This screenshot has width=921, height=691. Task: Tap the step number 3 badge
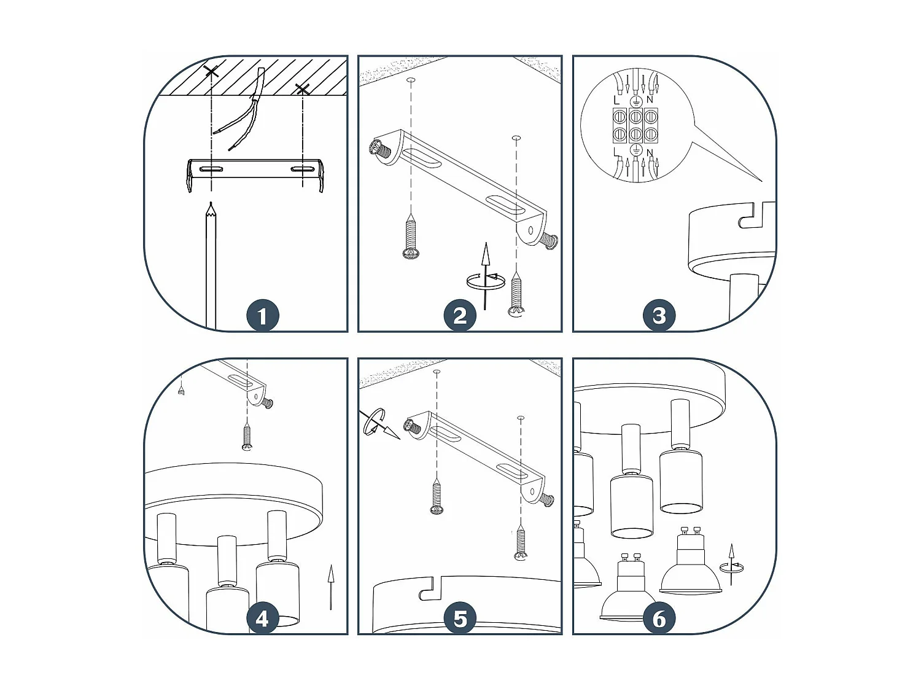[x=659, y=316]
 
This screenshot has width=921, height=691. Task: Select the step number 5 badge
[x=460, y=619]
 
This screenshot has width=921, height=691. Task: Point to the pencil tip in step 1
[x=211, y=209]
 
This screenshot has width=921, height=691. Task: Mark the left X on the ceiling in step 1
[x=211, y=72]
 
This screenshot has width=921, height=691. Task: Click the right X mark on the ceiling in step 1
[x=302, y=90]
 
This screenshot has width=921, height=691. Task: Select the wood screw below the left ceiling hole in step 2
[x=410, y=238]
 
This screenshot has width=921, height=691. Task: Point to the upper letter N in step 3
[x=650, y=99]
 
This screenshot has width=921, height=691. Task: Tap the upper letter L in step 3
[x=616, y=99]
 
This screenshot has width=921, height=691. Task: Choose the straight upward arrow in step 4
[x=330, y=586]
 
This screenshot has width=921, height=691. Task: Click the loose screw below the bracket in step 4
[x=247, y=437]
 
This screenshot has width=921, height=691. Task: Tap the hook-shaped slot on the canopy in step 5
[x=430, y=590]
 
